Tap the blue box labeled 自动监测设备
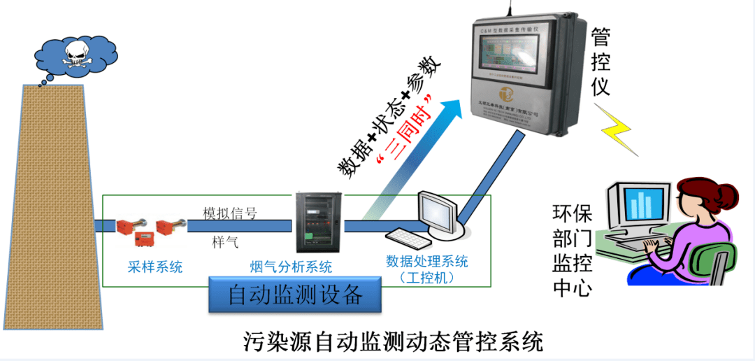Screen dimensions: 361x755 pos(296,295)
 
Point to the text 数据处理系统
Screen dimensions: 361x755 pos(426,262)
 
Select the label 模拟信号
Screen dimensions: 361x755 pos(230,213)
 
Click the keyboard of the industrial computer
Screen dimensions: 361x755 pos(408,238)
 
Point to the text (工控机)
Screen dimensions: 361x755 pos(426,278)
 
